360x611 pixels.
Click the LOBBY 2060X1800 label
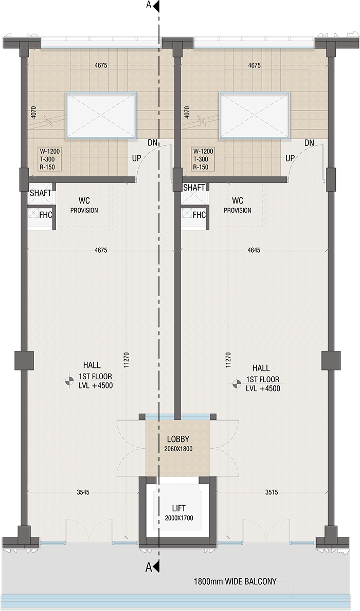(178, 443)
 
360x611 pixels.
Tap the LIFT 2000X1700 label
(178, 512)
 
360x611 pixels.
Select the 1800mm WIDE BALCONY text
(235, 582)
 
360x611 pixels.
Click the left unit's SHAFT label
(40, 193)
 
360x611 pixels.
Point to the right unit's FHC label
(199, 215)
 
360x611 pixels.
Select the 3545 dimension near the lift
(83, 492)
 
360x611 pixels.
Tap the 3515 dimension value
(272, 492)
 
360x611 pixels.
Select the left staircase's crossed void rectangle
(101, 115)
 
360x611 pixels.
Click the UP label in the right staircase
(290, 158)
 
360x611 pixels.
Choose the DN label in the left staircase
(152, 143)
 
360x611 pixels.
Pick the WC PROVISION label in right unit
(238, 205)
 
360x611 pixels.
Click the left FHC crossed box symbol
(33, 215)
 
